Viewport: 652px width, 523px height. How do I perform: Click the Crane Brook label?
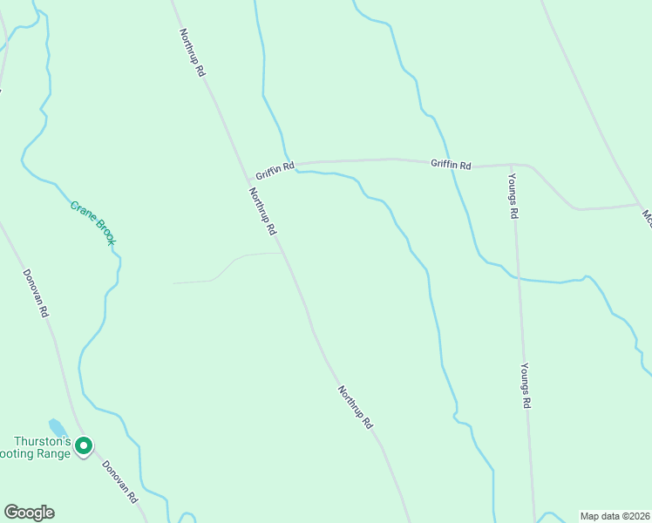point(93,222)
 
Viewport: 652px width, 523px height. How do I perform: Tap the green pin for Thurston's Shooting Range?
point(84,446)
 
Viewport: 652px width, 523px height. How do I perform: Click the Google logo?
point(29,513)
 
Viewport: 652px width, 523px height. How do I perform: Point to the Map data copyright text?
point(615,515)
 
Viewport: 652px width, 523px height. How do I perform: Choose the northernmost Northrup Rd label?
point(192,53)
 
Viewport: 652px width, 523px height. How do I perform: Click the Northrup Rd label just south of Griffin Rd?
point(261,212)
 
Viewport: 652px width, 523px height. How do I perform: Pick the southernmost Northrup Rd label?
point(356,406)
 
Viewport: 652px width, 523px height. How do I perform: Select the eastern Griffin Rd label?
point(452,164)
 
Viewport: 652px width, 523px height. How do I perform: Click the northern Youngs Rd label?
point(514,197)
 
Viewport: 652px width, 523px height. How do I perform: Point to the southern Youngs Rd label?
point(526,385)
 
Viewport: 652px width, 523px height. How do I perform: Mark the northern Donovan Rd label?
point(36,293)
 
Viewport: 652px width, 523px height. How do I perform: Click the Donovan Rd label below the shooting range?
point(119,481)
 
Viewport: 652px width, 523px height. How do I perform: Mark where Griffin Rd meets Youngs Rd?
point(512,164)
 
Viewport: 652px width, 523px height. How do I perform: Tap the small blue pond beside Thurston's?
point(58,427)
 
